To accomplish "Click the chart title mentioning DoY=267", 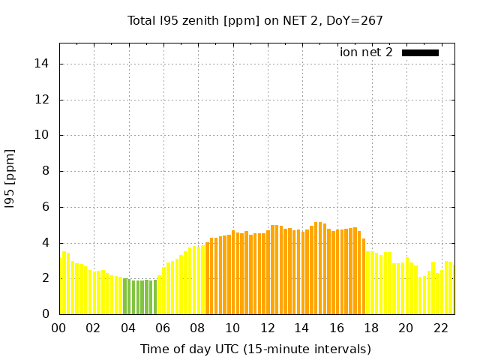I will click(255, 20).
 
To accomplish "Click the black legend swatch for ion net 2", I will click(420, 52).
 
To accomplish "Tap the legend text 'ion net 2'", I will click(366, 52).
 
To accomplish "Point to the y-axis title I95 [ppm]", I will click(10, 178).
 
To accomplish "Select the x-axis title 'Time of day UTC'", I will click(255, 349).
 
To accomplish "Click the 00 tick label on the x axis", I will click(59, 328).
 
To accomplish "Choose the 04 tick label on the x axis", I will click(128, 328).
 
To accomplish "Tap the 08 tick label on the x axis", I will click(198, 328).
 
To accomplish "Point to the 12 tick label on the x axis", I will click(267, 328).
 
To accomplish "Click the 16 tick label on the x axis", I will click(337, 328).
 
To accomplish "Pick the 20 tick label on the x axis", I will click(406, 328).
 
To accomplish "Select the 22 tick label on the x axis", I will click(441, 328).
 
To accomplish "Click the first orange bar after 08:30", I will click(208, 278).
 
